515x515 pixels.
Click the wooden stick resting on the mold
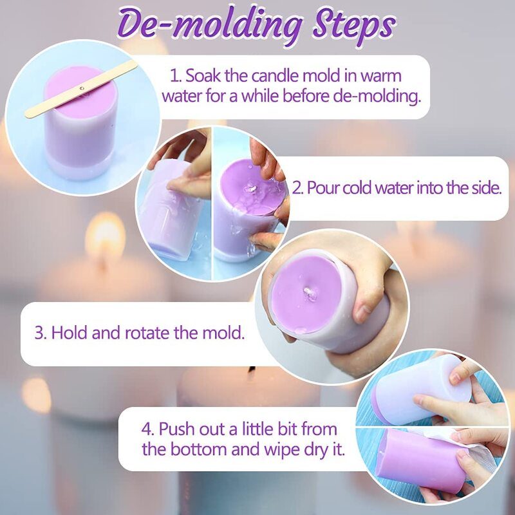[81, 89]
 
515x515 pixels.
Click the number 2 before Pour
[297, 188]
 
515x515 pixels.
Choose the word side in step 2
[487, 187]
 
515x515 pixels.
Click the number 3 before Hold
[41, 332]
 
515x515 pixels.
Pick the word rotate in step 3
[147, 332]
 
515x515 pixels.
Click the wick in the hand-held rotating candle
[309, 292]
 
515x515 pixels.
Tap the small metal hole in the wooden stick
[82, 88]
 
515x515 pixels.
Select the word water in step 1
[182, 96]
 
